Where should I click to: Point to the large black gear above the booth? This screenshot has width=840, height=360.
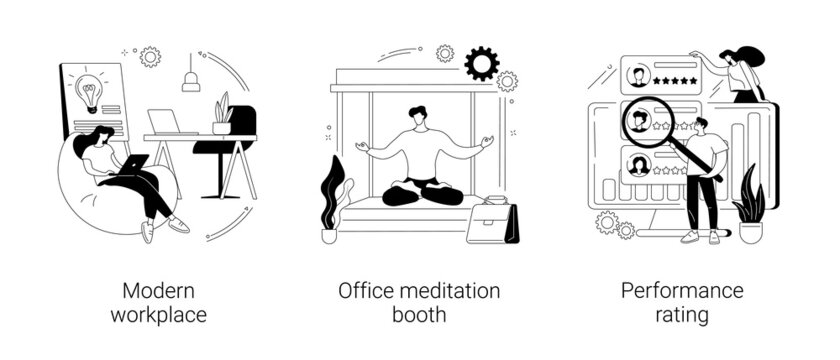(x=482, y=63)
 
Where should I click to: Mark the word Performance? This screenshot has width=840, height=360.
(x=682, y=291)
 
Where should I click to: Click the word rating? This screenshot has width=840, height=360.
(x=682, y=315)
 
